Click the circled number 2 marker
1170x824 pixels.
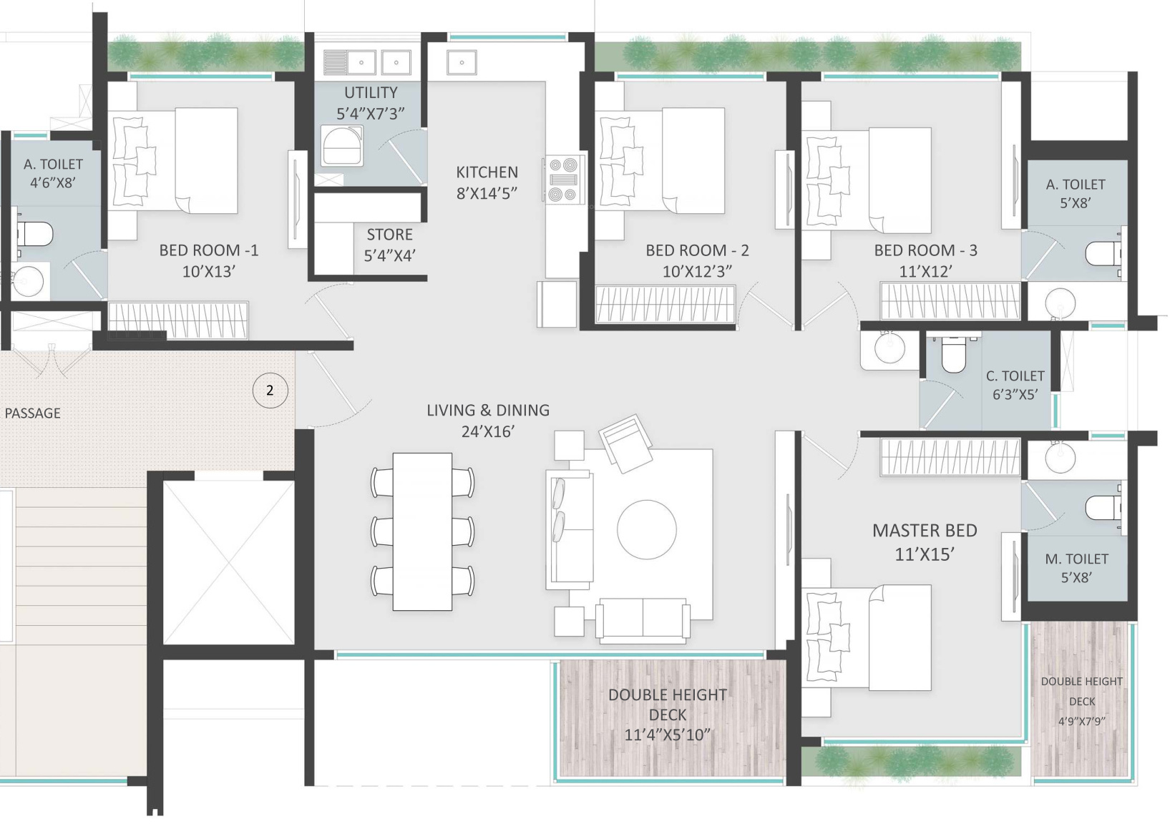pos(270,390)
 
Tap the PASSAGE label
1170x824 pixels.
pos(32,413)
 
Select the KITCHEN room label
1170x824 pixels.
pos(487,172)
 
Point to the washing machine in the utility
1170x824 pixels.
pos(341,145)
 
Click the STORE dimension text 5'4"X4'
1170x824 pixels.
pos(390,255)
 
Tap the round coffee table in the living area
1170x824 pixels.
pos(647,529)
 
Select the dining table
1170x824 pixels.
pos(422,531)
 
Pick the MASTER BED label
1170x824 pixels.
pos(925,531)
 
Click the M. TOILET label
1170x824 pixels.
pos(1076,559)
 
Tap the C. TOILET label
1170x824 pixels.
pos(1015,376)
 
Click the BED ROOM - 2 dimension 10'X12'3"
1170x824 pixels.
pos(697,272)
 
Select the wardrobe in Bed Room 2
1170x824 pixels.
pos(665,303)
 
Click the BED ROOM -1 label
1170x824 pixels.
pos(208,250)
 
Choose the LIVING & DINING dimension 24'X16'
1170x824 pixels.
pos(488,432)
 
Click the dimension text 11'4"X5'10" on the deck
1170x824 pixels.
pos(667,735)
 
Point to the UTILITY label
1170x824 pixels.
pos(371,92)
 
